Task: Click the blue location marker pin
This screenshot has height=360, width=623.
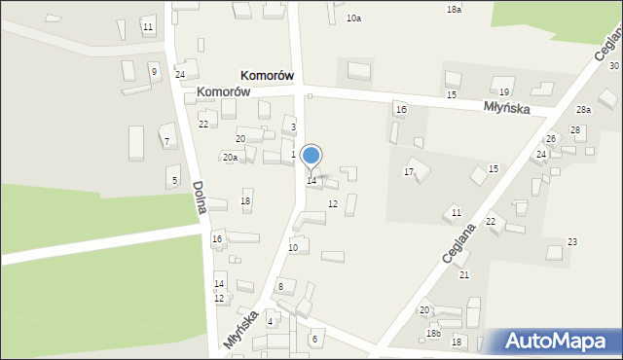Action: click(311, 156)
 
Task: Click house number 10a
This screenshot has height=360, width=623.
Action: click(353, 18)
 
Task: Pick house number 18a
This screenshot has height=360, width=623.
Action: click(454, 9)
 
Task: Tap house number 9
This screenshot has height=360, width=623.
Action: click(153, 71)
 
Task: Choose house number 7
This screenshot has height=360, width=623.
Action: click(166, 141)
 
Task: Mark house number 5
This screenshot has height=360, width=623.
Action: click(173, 180)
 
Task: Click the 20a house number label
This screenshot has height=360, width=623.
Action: click(230, 157)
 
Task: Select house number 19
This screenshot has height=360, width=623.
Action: click(504, 91)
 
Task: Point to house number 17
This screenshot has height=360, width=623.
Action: click(409, 171)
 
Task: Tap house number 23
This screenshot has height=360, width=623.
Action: click(572, 241)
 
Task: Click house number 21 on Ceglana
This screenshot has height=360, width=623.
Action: click(464, 275)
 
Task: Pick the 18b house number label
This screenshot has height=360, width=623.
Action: click(433, 334)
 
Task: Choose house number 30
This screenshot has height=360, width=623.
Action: click(614, 65)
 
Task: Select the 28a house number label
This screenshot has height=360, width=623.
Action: click(583, 110)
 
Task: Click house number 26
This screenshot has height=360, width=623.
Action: click(550, 139)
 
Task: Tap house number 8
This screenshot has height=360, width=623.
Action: click(280, 286)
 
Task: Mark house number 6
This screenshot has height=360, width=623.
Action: click(314, 339)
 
